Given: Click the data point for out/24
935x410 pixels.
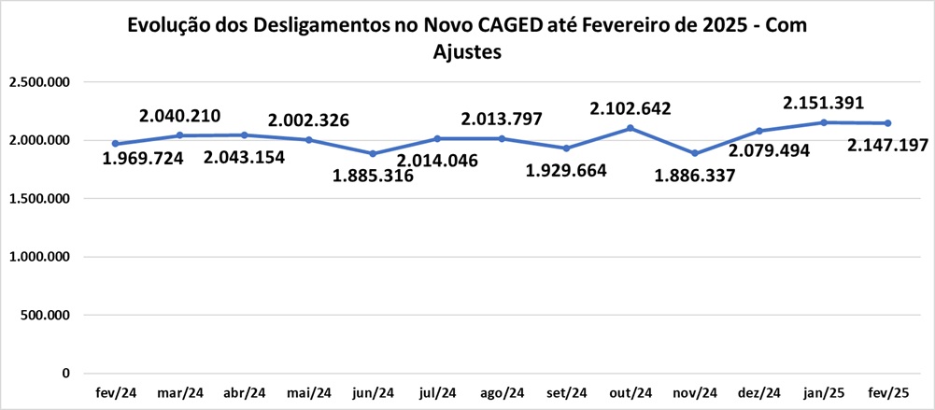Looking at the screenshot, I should coord(630,128).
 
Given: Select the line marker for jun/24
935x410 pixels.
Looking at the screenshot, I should coord(373,153).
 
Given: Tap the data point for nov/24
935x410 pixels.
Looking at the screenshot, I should coord(695,153).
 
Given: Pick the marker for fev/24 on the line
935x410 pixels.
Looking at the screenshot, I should coord(115,144).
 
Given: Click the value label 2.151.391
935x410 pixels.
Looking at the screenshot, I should coord(823,103).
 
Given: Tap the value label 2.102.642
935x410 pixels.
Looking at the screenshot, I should coord(630,109).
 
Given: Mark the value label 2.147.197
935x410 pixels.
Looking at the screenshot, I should coord(887,146).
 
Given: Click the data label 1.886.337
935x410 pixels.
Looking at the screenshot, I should coord(695,174).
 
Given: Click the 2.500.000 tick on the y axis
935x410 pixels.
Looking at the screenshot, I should coord(39,82).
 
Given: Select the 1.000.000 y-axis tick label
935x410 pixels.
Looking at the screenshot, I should coord(39,257).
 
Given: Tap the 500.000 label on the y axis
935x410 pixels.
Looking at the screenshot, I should coord(45,315).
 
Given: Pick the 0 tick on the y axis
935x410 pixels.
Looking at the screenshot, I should coord(66,374).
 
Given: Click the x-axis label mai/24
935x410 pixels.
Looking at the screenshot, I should coord(308,393).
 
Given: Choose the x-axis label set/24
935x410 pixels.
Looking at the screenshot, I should coord(566,393).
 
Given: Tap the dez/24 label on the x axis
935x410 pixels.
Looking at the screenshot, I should coord(759,393).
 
